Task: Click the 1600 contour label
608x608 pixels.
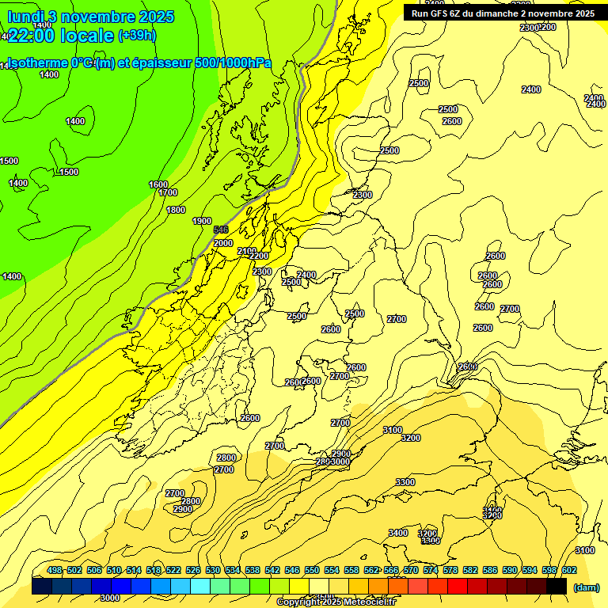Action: coord(158,184)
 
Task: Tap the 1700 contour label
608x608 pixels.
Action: coord(168,192)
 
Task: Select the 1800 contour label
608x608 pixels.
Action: coord(176,210)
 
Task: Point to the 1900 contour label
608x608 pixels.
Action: coord(202,221)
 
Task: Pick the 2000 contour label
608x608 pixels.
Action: coord(223,243)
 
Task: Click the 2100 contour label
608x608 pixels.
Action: coord(247,251)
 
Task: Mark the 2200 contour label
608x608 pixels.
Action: coord(259,256)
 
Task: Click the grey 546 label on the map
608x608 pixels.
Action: coord(222,230)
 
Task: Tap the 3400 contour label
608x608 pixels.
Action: coord(398,533)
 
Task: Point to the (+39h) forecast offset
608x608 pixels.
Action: coord(137,35)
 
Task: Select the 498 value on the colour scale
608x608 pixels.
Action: coord(55,570)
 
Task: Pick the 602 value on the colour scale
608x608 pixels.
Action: coord(569,570)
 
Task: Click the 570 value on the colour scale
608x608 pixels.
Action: coord(411,570)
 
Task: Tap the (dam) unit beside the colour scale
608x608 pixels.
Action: coord(586,587)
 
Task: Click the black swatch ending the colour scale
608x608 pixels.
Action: coord(556,587)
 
